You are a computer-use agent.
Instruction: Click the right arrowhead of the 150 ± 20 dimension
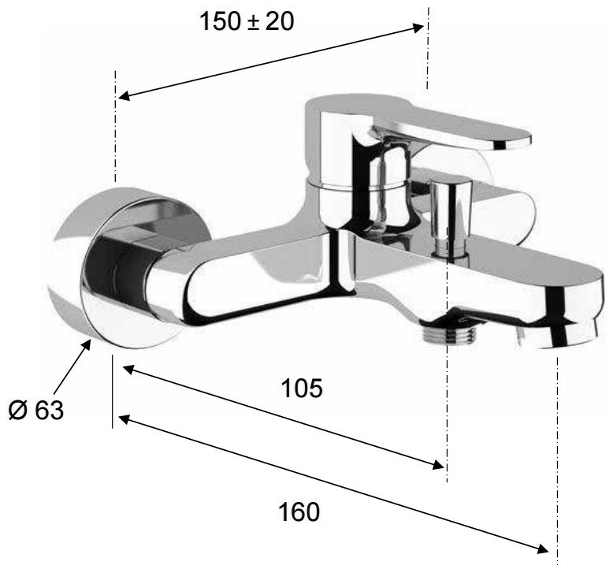418,28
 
